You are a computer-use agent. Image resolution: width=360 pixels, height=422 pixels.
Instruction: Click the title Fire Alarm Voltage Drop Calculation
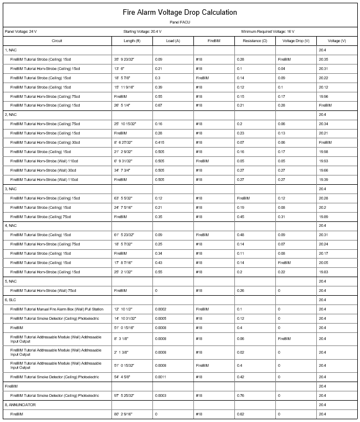point(180,12)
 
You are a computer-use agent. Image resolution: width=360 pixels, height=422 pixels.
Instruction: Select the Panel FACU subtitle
point(180,22)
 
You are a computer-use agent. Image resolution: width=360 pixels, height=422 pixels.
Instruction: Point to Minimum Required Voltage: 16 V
point(271,32)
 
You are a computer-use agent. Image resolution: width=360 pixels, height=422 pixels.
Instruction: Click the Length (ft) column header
point(132,41)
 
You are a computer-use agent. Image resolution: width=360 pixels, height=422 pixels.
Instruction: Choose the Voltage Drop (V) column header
point(296,41)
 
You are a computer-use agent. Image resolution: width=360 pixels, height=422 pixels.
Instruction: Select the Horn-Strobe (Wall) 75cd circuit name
point(43,291)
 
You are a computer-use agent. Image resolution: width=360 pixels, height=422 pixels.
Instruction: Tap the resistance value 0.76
point(240,395)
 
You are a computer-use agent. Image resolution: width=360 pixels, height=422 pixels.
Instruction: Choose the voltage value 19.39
point(324,179)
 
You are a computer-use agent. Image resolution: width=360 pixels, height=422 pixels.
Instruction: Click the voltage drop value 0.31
point(281,216)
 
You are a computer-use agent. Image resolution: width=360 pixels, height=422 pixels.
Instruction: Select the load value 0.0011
point(161,377)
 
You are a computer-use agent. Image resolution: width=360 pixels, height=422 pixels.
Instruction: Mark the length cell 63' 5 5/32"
point(126,198)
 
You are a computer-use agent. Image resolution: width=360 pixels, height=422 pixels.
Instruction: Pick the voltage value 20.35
point(324,59)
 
